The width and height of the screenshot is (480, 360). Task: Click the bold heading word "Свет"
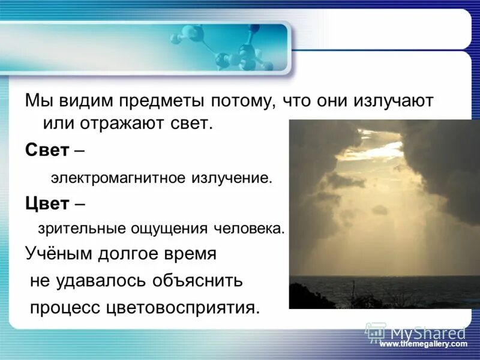[47, 150]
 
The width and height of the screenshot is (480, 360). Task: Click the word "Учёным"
[58, 254]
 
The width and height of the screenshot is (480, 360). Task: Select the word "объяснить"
[195, 280]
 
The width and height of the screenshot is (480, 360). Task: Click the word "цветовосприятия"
[183, 307]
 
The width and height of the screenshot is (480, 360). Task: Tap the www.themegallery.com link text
[423, 344]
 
